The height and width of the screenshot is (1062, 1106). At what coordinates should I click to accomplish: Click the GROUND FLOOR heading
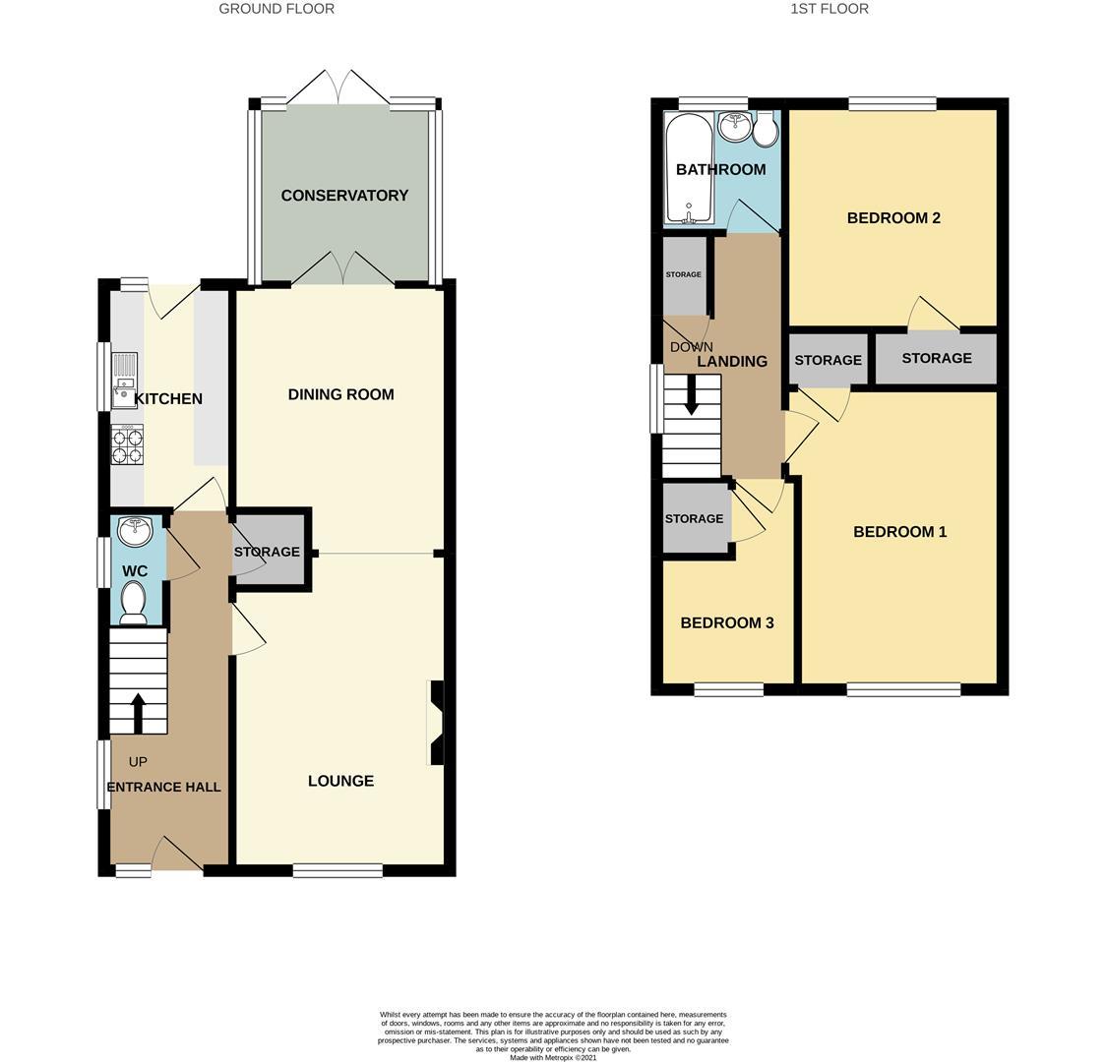pyautogui.click(x=276, y=9)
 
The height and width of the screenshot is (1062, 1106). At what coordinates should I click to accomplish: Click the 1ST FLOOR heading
pyautogui.click(x=829, y=9)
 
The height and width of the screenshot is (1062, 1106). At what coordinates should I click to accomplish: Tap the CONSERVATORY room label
pyautogui.click(x=344, y=196)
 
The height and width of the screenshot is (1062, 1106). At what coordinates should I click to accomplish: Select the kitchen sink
pyautogui.click(x=124, y=380)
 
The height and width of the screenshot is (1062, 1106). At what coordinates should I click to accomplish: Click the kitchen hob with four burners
pyautogui.click(x=127, y=445)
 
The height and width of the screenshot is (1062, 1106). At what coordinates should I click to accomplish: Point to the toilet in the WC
pyautogui.click(x=133, y=601)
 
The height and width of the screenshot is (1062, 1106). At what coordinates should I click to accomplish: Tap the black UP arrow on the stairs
pyautogui.click(x=138, y=713)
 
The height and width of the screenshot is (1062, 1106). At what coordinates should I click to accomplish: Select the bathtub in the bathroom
pyautogui.click(x=686, y=167)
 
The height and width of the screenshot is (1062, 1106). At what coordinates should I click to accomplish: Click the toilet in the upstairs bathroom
pyautogui.click(x=766, y=130)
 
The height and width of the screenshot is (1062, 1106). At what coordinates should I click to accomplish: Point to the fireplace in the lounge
pyautogui.click(x=435, y=723)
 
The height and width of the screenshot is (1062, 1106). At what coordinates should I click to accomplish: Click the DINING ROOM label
pyautogui.click(x=340, y=394)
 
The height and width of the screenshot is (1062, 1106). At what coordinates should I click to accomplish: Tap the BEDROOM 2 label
pyautogui.click(x=893, y=217)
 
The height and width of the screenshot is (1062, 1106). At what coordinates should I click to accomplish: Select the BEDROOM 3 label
pyautogui.click(x=726, y=622)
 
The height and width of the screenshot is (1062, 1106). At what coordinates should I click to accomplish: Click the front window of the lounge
pyautogui.click(x=338, y=870)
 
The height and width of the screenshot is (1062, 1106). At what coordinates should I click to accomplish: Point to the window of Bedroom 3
pyautogui.click(x=728, y=690)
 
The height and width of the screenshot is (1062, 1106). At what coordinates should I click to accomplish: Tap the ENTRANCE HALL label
pyautogui.click(x=163, y=787)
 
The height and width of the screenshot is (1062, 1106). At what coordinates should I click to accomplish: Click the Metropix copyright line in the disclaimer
pyautogui.click(x=552, y=1058)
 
